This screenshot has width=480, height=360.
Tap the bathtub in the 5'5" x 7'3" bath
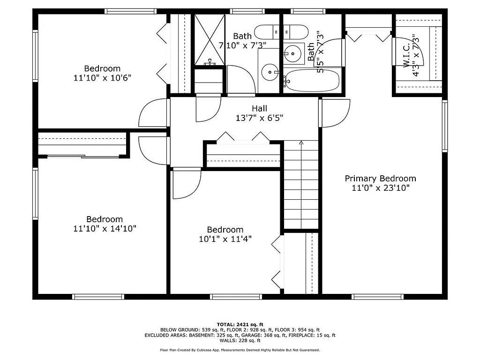pos(312,80)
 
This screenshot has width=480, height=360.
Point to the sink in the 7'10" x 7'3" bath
pos(270,72)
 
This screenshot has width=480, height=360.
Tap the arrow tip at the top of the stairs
pos(301,142)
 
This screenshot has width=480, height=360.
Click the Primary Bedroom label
pos(380,179)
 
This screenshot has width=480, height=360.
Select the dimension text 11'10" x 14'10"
pos(105,228)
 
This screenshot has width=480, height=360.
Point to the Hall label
pos(259,108)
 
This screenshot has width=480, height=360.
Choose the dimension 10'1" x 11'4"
pos(225,239)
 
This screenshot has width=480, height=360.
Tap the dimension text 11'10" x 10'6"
pos(102,77)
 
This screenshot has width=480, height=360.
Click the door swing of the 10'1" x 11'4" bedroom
pos(187,183)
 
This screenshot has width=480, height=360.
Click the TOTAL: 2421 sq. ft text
pos(240,324)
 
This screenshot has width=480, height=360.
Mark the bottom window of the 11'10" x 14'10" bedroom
pos(98,296)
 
